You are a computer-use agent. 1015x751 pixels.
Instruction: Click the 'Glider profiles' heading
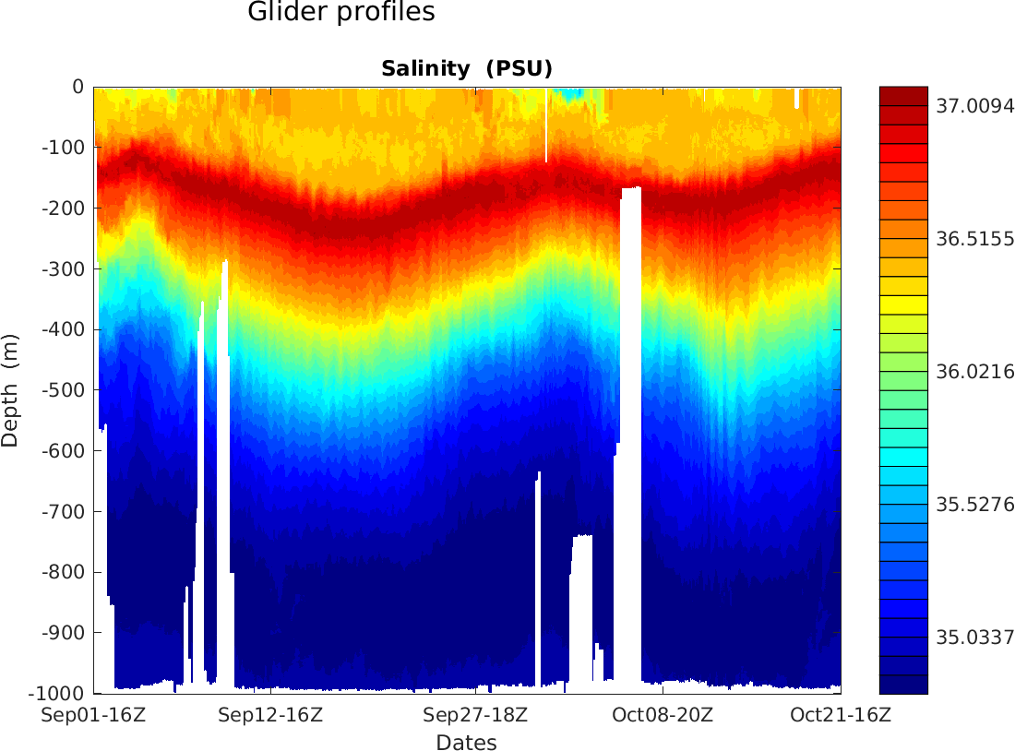point(341,13)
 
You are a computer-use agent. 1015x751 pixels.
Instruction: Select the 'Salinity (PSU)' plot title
point(466,69)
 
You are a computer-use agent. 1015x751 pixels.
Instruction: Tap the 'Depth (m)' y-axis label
point(10,390)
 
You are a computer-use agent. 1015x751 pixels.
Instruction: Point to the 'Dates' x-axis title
point(466,743)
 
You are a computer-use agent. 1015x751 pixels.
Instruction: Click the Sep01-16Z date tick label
point(94,715)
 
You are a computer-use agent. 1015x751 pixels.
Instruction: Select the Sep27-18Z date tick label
point(475,715)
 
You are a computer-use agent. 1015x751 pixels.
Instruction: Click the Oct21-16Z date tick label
point(841,715)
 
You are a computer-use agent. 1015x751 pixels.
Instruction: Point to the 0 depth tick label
point(78,87)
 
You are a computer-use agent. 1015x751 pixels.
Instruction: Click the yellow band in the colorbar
point(903,304)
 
